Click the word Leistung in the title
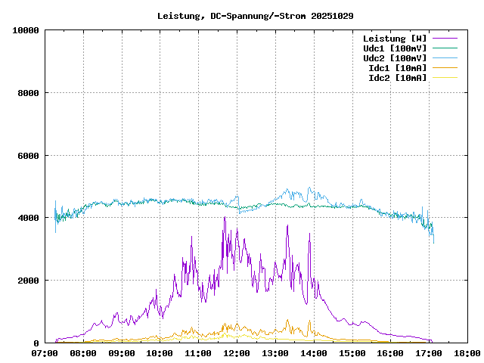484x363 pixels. pos(178,15)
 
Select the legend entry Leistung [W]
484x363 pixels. pos(394,38)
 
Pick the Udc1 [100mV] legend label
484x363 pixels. pos(394,48)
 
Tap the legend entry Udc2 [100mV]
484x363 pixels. pos(394,57)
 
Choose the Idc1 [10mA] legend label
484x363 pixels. pos(397,67)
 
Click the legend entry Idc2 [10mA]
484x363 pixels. pos(397,77)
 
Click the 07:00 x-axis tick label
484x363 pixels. pos(45,353)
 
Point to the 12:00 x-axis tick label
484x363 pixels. pos(237,353)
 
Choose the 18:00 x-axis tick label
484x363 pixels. pos(467,353)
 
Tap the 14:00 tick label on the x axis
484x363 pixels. pos(314,353)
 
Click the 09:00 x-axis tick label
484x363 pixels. pos(122,353)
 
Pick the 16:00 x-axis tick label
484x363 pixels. pos(391,353)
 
